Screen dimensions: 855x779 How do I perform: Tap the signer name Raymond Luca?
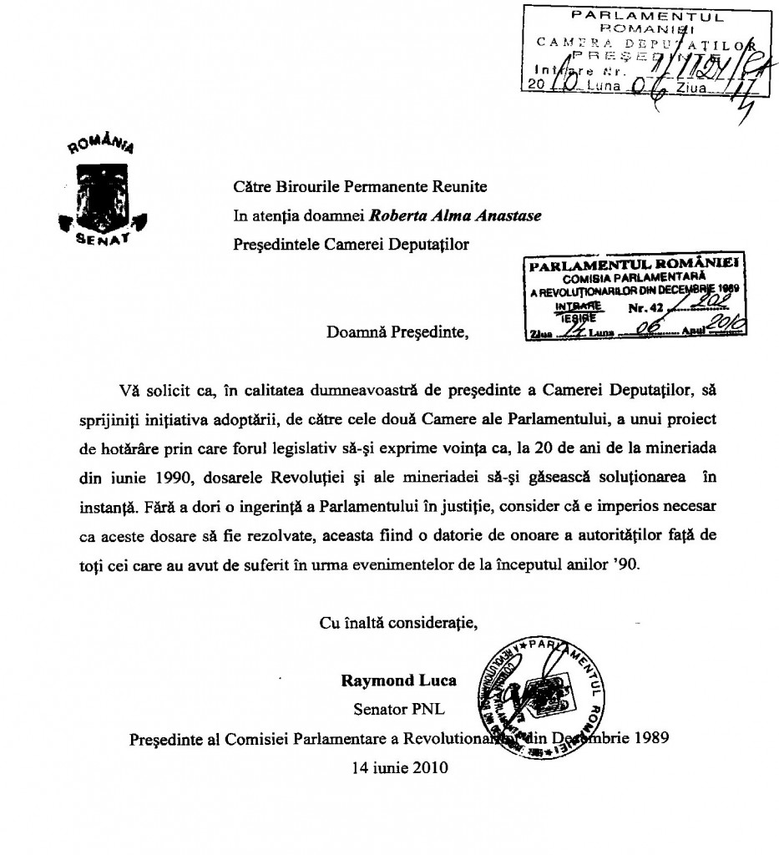[398, 680]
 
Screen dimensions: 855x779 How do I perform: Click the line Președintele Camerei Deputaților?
[352, 245]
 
